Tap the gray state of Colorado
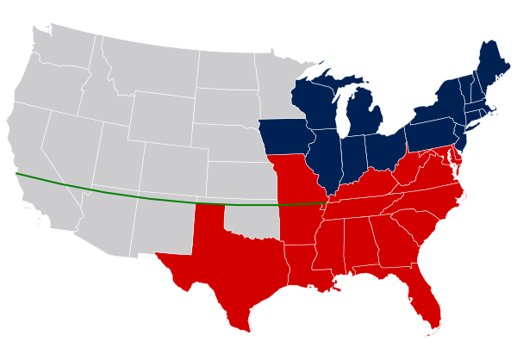coord(172,164)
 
